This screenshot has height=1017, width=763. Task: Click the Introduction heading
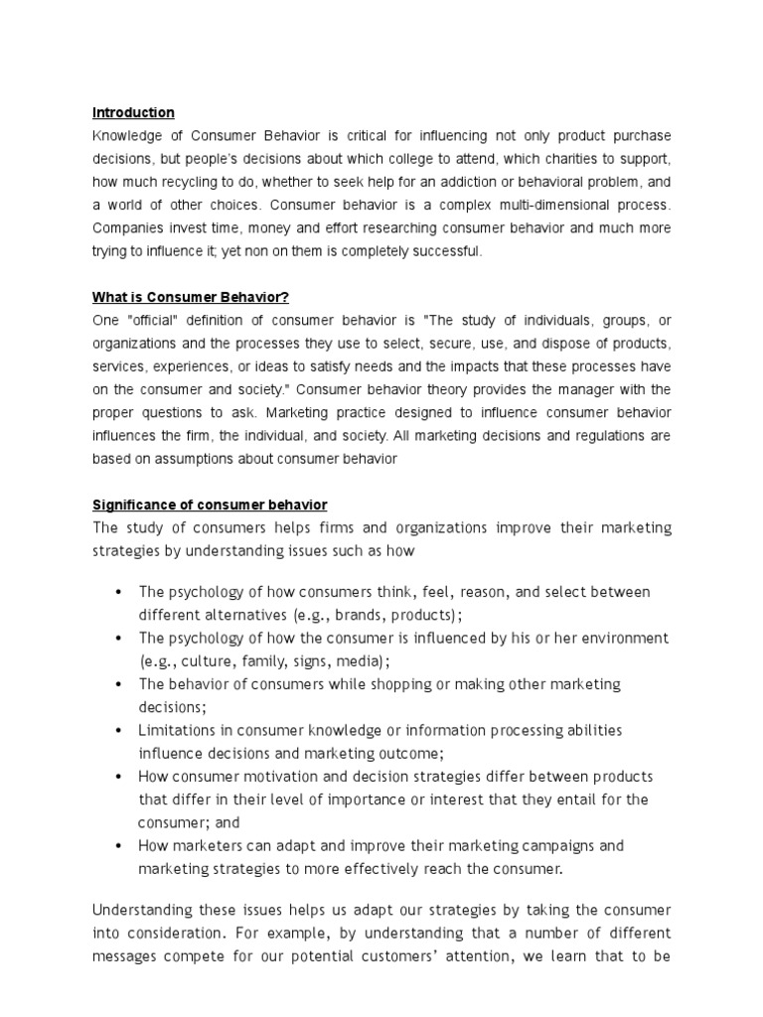(x=133, y=112)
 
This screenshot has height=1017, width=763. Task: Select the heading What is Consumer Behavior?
(x=191, y=297)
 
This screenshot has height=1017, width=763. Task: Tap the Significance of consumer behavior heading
(x=210, y=505)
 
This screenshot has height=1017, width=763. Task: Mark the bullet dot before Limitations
(x=118, y=731)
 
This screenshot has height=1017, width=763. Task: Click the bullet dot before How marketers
(x=118, y=846)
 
